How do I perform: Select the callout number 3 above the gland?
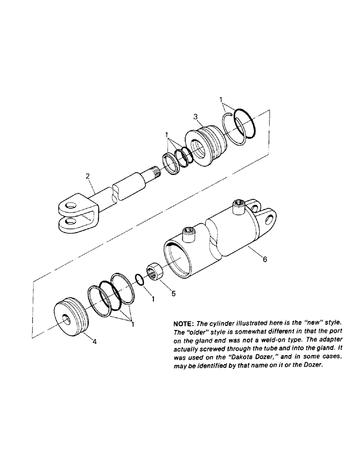click(196, 116)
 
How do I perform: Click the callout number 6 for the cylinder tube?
click(264, 260)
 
